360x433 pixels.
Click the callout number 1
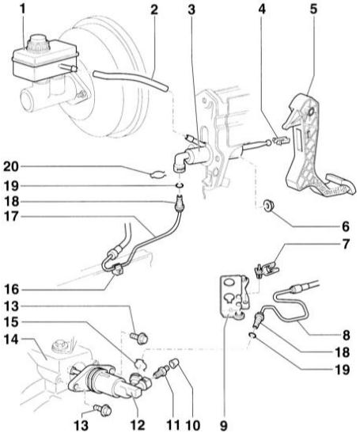[22, 9]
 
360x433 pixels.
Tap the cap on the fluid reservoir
[38, 42]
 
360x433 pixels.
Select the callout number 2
[154, 9]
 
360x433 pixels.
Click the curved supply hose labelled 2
[131, 80]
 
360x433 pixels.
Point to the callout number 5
[313, 9]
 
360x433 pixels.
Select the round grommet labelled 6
[267, 206]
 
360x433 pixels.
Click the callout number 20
[11, 167]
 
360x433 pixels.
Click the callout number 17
[11, 217]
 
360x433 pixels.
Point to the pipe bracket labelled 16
[117, 270]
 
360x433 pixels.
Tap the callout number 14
[11, 339]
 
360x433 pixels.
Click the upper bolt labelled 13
[139, 338]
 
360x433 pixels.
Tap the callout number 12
[137, 425]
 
